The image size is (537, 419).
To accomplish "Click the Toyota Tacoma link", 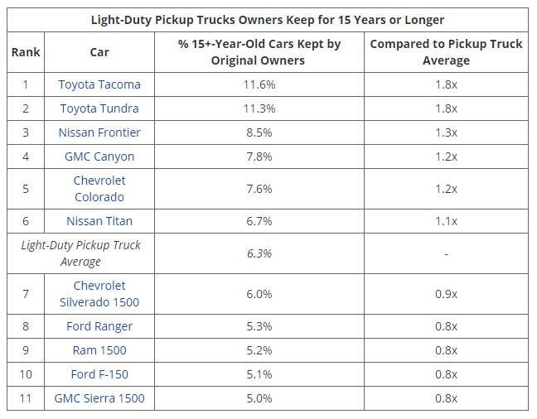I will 99,84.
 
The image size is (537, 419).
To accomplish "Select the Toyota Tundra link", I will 99,108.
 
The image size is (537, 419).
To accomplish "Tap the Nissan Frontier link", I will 99,132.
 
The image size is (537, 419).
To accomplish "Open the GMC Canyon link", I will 99,157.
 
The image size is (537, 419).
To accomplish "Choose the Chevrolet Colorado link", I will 99,189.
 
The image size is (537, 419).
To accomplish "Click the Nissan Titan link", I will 99,221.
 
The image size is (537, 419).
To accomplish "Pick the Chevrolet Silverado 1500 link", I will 99,294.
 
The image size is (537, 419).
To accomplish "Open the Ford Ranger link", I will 99,326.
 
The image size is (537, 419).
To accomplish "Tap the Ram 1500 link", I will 99,350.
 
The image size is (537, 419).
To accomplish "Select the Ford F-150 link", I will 99,374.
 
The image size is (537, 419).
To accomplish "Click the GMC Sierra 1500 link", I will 99,398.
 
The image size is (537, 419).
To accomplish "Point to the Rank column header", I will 26,52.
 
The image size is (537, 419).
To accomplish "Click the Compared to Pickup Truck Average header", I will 446,52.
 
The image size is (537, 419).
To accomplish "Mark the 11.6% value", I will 259,84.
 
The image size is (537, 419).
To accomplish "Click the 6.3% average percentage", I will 259,253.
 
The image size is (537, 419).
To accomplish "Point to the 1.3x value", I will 446,132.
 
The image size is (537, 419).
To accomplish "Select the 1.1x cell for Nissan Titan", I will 446,221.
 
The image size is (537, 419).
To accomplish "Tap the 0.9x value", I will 446,294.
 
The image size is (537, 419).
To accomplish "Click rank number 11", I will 26,398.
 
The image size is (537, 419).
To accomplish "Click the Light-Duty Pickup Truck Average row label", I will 81,253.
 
